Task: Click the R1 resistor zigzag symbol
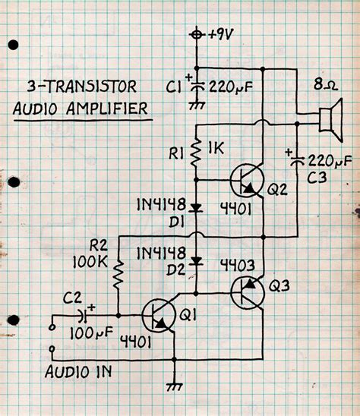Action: (x=197, y=153)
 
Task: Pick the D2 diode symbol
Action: (x=197, y=260)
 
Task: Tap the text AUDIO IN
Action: (x=79, y=372)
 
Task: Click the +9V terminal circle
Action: (x=197, y=35)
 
